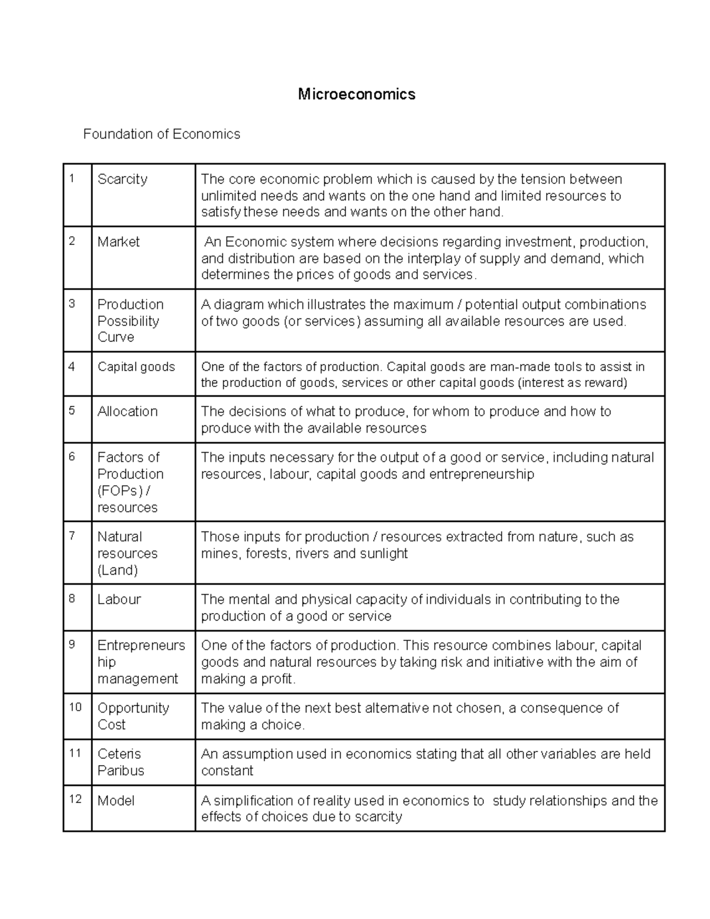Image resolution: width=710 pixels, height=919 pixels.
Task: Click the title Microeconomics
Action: [x=356, y=94]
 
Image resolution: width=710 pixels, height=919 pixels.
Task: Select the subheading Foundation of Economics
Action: [x=162, y=134]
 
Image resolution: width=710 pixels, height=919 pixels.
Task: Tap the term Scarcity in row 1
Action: [x=122, y=179]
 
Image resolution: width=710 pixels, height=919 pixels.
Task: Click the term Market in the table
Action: [x=118, y=242]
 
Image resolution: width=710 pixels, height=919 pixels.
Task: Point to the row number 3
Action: [x=72, y=304]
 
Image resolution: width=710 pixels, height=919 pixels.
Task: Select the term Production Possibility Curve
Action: [x=130, y=321]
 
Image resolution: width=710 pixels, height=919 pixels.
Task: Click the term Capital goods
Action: [x=136, y=367]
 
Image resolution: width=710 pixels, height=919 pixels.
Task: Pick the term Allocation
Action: [x=127, y=412]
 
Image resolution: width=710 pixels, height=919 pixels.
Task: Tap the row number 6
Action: [x=72, y=457]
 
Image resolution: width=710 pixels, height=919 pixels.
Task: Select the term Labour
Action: [x=119, y=599]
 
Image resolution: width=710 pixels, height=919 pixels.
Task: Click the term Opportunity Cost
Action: [x=133, y=716]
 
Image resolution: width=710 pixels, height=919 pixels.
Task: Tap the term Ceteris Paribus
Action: [x=120, y=762]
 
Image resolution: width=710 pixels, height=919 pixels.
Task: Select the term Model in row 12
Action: [x=116, y=801]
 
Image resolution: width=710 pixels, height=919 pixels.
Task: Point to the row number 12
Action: [x=75, y=799]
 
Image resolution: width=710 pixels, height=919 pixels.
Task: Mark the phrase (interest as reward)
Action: [x=572, y=383]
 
